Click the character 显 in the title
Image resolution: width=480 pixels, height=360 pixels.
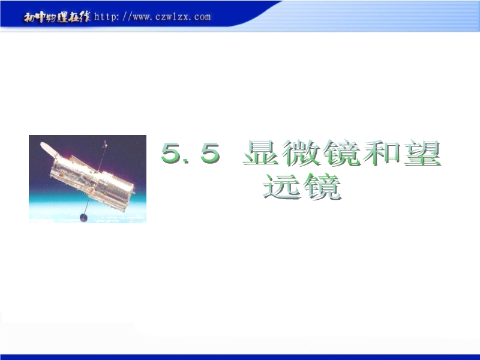pyautogui.click(x=261, y=152)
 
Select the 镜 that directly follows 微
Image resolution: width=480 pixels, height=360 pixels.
pyautogui.click(x=341, y=152)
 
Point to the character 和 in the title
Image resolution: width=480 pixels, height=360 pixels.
pyautogui.click(x=381, y=152)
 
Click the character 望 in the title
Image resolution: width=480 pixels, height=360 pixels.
pyautogui.click(x=422, y=152)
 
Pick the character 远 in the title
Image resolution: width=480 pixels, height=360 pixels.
pyautogui.click(x=281, y=186)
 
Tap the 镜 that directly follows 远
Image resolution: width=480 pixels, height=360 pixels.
pyautogui.click(x=322, y=186)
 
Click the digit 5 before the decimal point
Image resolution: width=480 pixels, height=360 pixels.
pyautogui.click(x=170, y=152)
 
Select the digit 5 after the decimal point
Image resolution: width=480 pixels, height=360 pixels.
pyautogui.click(x=210, y=152)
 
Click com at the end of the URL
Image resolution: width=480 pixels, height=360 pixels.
pyautogui.click(x=202, y=17)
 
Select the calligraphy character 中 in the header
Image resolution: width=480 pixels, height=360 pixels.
pyautogui.click(x=40, y=17)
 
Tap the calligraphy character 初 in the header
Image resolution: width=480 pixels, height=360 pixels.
pyautogui.click(x=29, y=18)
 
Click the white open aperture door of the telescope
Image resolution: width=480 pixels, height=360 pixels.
pyautogui.click(x=49, y=149)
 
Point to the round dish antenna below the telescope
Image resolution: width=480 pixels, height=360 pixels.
pyautogui.click(x=83, y=218)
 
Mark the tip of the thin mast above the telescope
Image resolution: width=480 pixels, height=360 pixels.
pyautogui.click(x=106, y=141)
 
